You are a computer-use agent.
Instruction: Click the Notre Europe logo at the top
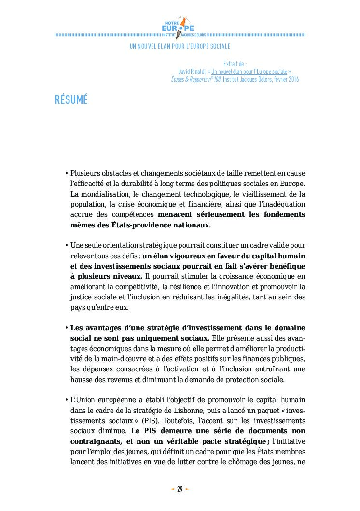pyautogui.click(x=180, y=26)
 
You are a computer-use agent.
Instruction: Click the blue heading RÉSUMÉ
pyautogui.click(x=71, y=100)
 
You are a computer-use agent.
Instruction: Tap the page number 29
pyautogui.click(x=180, y=489)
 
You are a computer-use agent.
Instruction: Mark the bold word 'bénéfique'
pyautogui.click(x=285, y=266)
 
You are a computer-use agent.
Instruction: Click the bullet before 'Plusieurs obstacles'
pyautogui.click(x=66, y=173)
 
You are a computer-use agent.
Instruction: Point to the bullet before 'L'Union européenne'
pyautogui.click(x=66, y=400)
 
